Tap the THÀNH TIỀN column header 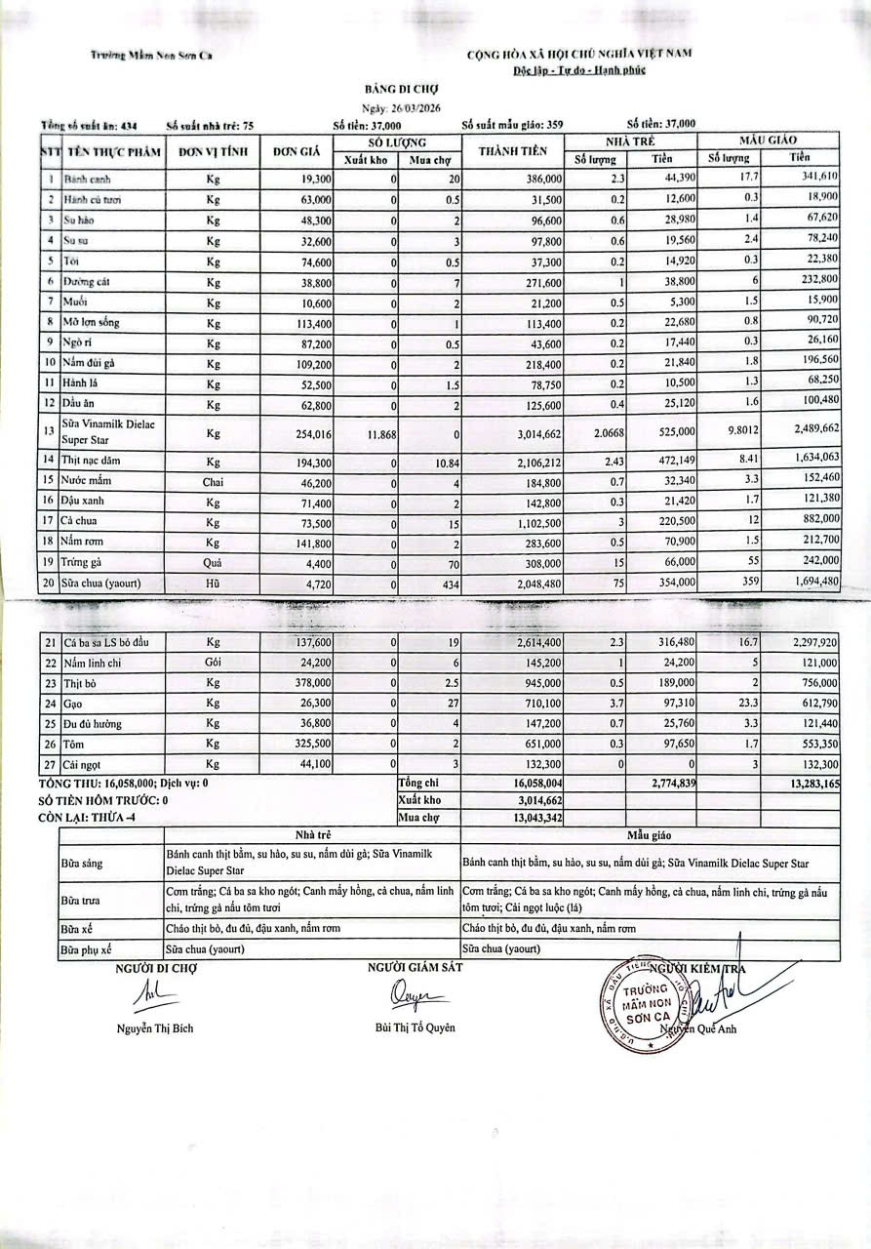click(x=516, y=151)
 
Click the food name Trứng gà click(x=84, y=562)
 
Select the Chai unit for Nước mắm click(x=214, y=480)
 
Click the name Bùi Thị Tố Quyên click(x=415, y=1027)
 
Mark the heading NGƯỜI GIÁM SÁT click(x=415, y=967)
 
